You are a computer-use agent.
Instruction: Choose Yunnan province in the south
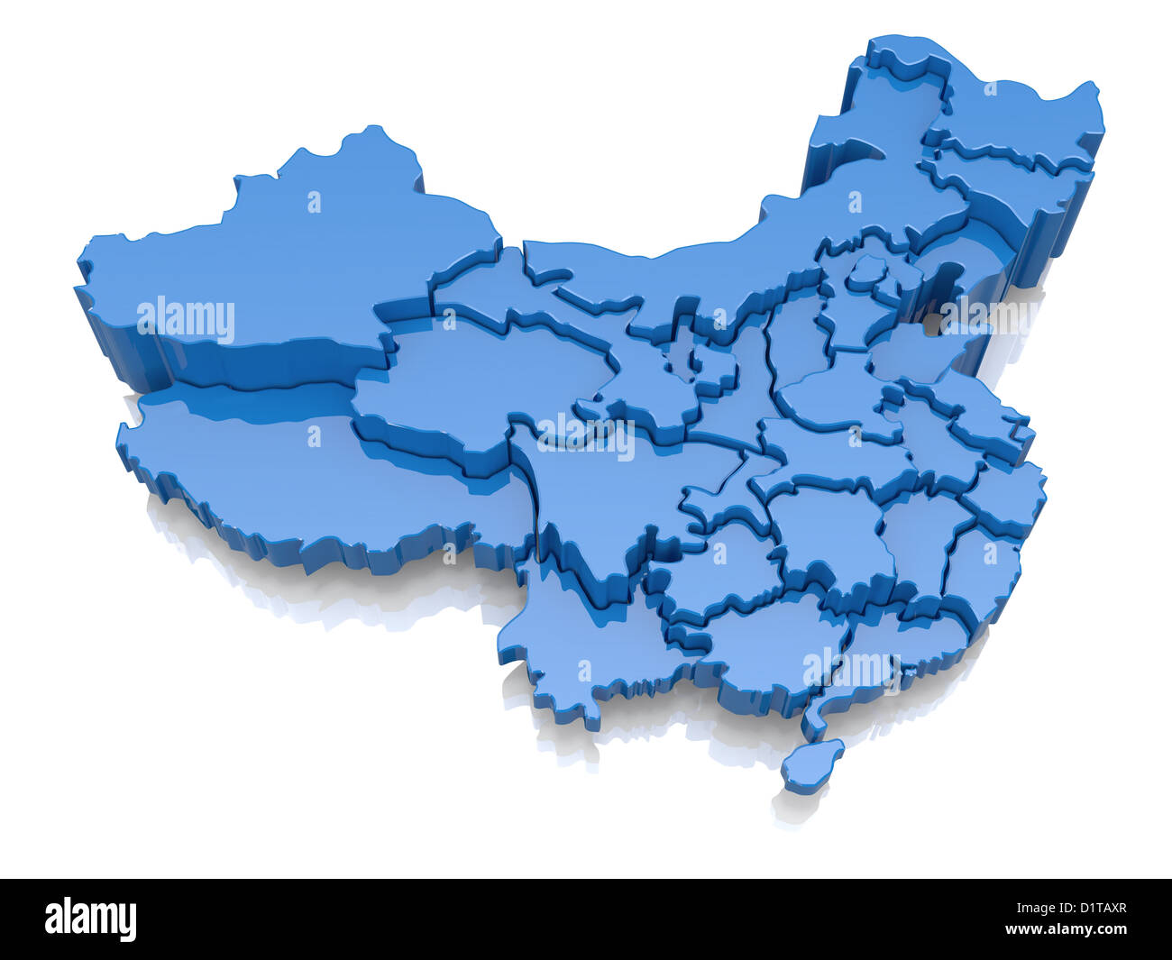(577, 649)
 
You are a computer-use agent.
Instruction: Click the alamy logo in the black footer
(91, 919)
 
